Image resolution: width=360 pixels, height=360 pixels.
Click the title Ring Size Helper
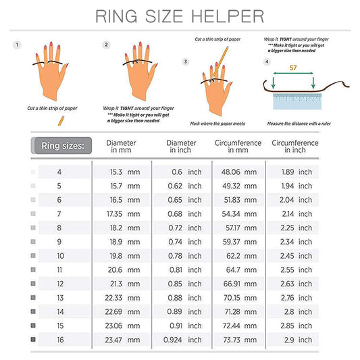(x=179, y=16)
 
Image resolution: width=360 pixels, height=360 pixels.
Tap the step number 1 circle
(x=17, y=45)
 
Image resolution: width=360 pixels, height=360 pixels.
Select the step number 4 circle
(x=266, y=61)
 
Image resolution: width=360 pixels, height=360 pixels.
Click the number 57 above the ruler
(x=293, y=68)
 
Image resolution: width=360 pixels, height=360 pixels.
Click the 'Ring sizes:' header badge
(x=61, y=145)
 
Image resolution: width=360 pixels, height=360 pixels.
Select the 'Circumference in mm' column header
(x=237, y=147)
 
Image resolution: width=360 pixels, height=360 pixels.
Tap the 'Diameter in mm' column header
(x=122, y=147)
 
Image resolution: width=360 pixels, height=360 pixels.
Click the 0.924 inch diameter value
(x=175, y=340)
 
